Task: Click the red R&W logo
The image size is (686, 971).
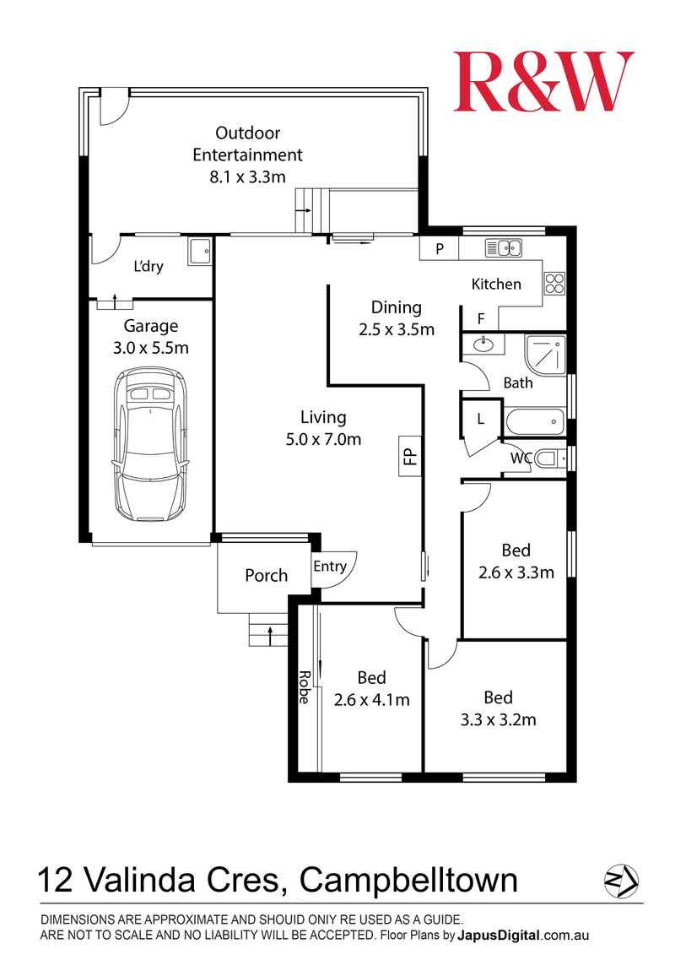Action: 543,81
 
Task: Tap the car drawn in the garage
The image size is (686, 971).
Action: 150,444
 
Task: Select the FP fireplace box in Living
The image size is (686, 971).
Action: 409,457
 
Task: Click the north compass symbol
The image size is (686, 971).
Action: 621,880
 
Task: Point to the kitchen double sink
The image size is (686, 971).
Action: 503,247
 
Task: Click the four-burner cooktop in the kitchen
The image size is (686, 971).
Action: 554,283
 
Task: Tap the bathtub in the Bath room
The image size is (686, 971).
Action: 535,423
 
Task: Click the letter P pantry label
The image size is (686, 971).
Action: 440,249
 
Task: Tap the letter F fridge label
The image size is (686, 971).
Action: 481,319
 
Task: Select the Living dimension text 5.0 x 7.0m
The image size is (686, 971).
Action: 323,440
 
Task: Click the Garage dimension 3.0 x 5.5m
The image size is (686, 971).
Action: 150,348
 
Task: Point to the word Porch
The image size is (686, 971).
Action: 266,576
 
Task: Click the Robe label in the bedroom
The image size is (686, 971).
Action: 305,687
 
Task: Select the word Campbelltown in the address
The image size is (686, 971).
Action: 409,880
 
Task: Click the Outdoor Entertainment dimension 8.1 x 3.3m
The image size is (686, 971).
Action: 247,177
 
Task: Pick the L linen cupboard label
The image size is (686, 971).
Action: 481,420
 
